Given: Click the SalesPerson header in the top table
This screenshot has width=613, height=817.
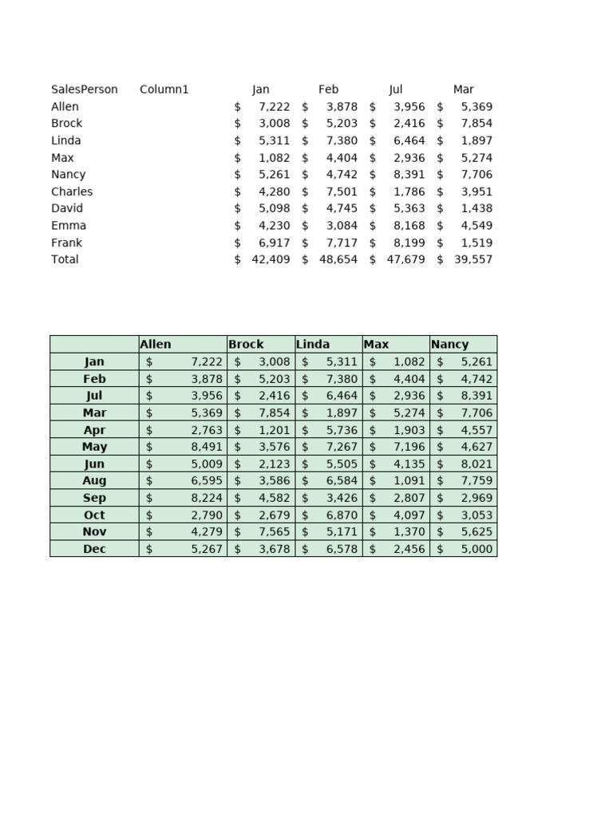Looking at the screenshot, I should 84,89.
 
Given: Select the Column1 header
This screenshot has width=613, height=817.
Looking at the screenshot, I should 164,89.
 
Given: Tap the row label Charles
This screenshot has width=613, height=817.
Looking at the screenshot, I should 72,191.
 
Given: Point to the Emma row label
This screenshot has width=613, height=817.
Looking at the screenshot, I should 69,226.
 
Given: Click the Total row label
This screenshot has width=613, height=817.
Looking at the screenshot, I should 65,259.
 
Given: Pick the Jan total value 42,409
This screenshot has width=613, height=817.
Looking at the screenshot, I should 271,259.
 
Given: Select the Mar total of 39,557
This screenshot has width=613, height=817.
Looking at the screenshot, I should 473,259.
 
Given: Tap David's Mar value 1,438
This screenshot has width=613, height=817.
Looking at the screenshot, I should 477,208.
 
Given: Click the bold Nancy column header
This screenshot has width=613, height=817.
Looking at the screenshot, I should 449,345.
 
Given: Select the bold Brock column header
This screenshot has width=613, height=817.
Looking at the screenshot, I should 246,345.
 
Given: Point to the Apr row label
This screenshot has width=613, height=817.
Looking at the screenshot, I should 94,430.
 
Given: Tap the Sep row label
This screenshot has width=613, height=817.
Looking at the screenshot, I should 94,498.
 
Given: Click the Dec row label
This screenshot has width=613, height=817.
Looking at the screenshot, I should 94,549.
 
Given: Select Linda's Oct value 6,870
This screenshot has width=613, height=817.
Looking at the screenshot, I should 342,515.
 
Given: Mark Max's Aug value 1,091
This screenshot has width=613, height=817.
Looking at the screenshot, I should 409,481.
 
